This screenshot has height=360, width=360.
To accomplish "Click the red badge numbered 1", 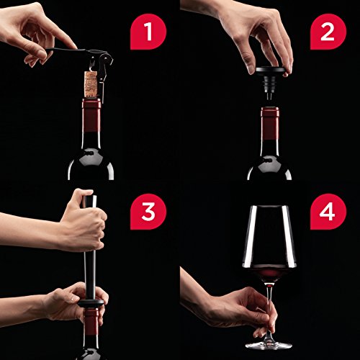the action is (x=148, y=32).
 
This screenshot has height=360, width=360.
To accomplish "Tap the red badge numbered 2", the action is (x=328, y=32).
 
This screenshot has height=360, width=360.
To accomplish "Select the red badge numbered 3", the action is (x=148, y=212).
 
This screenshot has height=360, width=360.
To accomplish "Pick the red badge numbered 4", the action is (x=328, y=212).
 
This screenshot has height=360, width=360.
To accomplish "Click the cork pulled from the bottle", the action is (x=91, y=83).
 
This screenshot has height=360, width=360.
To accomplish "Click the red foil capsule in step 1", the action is (x=91, y=114).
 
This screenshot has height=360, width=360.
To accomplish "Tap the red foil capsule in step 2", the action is (x=270, y=123).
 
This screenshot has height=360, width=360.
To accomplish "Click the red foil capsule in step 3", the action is (x=91, y=322).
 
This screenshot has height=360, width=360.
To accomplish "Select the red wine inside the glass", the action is (x=269, y=274).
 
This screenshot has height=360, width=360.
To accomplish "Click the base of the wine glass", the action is (x=269, y=345).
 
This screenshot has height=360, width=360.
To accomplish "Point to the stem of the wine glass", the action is (x=269, y=312).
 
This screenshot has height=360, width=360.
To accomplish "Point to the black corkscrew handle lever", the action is (x=66, y=50).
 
